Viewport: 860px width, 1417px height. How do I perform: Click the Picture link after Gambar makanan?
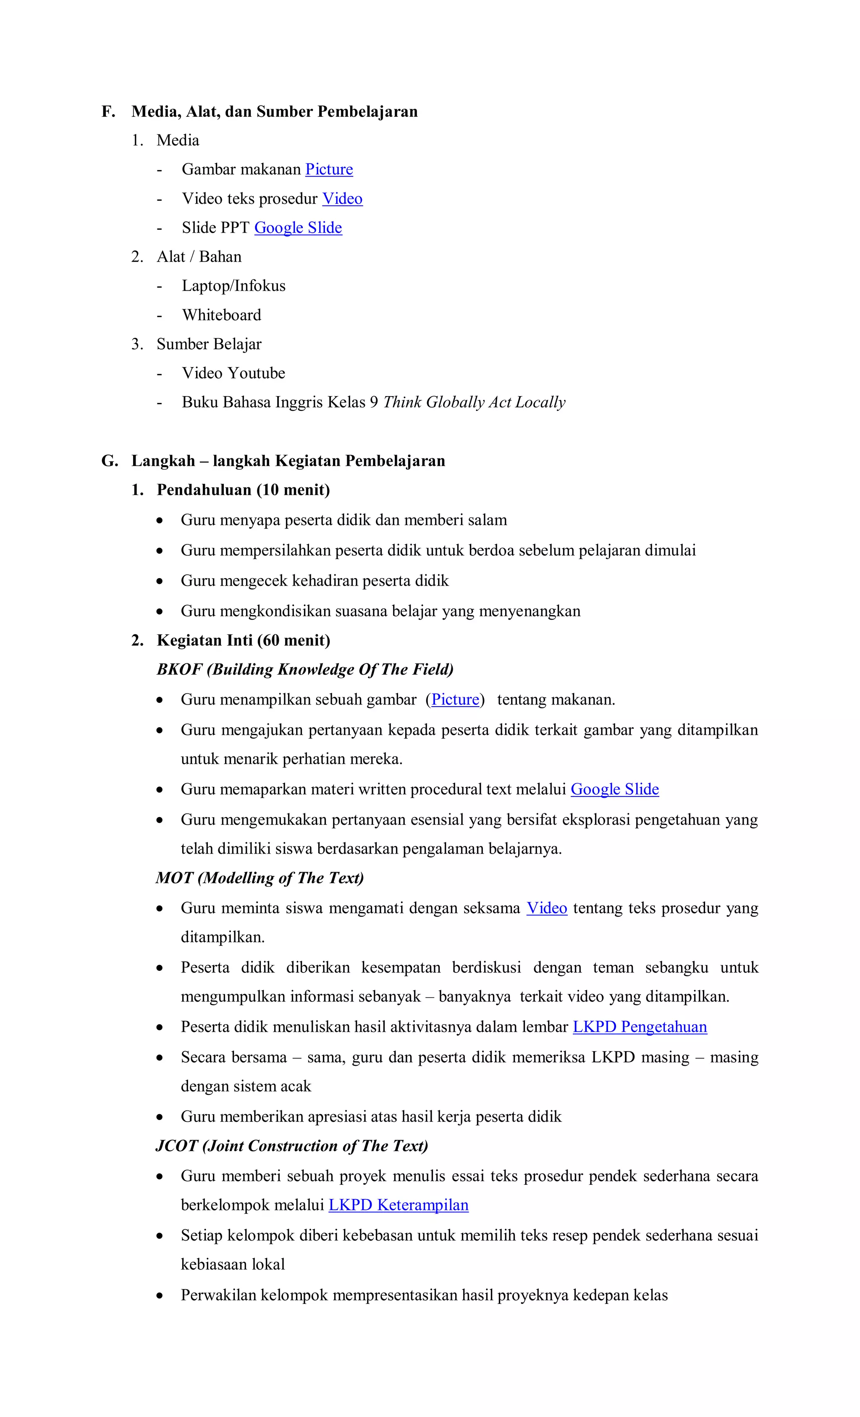click(x=329, y=170)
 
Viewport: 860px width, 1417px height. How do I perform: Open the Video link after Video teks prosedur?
click(x=342, y=199)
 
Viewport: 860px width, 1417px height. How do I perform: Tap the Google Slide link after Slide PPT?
click(x=298, y=228)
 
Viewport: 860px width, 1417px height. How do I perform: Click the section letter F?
click(x=107, y=112)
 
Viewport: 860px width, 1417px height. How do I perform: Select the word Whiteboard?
click(x=221, y=315)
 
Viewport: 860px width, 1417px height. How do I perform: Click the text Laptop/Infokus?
click(x=233, y=286)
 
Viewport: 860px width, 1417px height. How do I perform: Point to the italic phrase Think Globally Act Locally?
click(x=474, y=402)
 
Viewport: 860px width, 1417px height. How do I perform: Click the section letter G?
click(x=109, y=461)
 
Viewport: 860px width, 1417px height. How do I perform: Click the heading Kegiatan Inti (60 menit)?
click(x=243, y=641)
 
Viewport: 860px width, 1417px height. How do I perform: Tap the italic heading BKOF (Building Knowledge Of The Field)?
click(x=305, y=669)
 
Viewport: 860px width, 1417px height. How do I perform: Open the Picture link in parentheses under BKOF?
click(x=455, y=700)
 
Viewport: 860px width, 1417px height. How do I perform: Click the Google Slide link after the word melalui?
click(x=614, y=790)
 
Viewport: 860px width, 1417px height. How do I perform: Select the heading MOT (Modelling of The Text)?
click(x=260, y=878)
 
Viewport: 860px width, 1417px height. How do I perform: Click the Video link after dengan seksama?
click(x=546, y=908)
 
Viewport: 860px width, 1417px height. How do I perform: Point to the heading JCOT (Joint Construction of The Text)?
click(x=291, y=1146)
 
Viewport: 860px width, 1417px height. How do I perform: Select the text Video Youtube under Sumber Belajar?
click(x=233, y=373)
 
